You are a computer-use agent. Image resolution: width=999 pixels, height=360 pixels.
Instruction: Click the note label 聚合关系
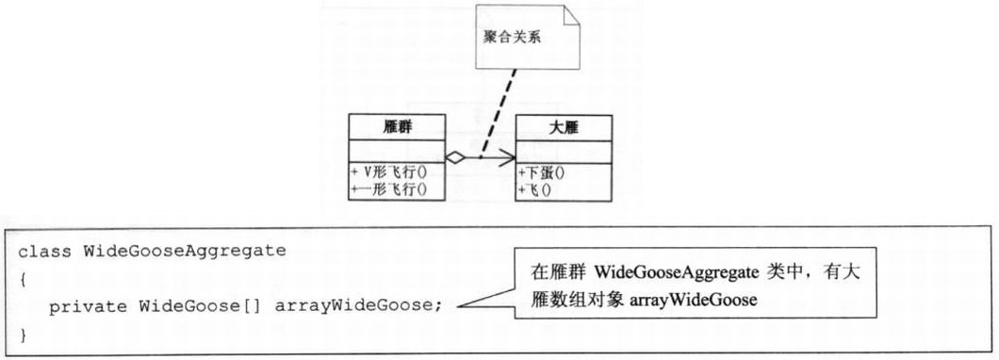515,42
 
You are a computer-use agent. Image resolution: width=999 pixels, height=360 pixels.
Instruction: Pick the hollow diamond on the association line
454,158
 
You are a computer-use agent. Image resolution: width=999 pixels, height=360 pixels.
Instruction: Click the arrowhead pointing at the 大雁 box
509,158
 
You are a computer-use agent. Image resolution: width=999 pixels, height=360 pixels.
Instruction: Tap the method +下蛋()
543,172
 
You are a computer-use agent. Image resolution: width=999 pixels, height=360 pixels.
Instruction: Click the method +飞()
535,188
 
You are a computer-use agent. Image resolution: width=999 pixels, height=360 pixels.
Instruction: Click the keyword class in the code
42,252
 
